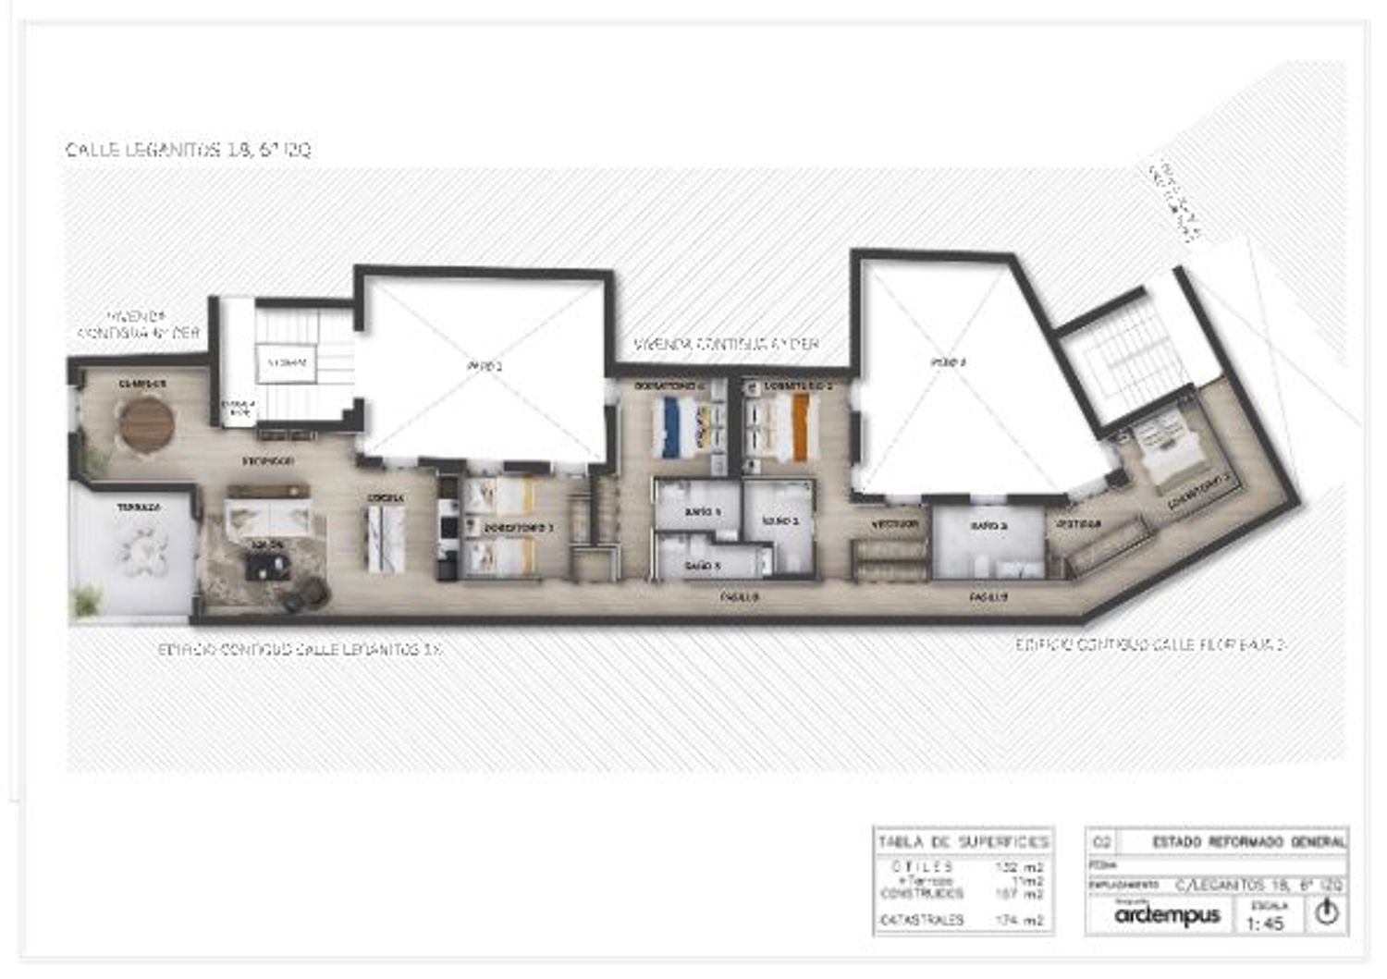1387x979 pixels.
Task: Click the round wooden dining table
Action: (x=146, y=423)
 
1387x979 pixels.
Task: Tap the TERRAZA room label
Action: (x=139, y=508)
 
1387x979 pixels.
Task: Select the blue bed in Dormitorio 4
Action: (x=672, y=427)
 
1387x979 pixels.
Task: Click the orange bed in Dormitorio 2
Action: (x=800, y=427)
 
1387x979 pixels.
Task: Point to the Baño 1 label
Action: (x=703, y=511)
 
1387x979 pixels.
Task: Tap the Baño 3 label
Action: (x=703, y=565)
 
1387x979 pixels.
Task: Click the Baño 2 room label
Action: (x=988, y=525)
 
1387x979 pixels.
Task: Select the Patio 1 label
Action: (x=484, y=366)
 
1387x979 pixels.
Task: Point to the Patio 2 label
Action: (x=948, y=362)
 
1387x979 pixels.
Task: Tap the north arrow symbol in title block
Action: (x=1327, y=913)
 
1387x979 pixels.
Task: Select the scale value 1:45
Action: (x=1264, y=923)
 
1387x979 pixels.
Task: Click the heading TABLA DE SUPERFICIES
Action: (x=964, y=841)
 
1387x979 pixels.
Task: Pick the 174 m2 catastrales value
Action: (x=1019, y=920)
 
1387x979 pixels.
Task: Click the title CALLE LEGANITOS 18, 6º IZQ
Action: (x=189, y=150)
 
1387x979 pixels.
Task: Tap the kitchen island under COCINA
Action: (x=386, y=540)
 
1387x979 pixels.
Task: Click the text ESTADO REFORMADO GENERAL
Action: (x=1248, y=841)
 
